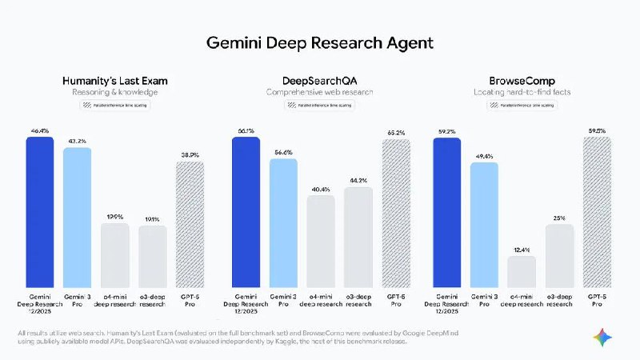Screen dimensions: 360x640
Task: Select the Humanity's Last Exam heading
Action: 115,80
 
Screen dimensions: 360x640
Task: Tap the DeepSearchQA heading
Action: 321,80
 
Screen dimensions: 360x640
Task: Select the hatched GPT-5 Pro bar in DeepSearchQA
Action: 396,214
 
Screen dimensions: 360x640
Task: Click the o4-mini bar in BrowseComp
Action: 522,272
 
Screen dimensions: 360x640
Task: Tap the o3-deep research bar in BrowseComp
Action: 559,256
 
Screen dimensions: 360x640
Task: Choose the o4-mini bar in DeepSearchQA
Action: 321,242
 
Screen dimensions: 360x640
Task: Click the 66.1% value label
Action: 246,130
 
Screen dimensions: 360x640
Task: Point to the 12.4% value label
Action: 522,249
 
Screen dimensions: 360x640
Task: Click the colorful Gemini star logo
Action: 605,338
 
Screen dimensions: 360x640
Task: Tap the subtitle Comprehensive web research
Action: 321,92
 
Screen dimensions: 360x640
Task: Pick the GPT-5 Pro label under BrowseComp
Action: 597,300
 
